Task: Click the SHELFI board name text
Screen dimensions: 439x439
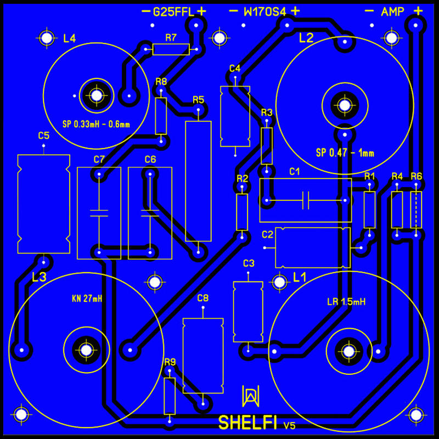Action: click(247, 423)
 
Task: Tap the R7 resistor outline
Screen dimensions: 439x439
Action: click(171, 49)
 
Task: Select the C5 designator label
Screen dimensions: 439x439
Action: click(44, 136)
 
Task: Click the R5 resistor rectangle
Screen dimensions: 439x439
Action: click(198, 181)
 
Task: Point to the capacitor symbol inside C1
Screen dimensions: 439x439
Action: click(306, 200)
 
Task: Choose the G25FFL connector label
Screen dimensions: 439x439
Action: click(173, 12)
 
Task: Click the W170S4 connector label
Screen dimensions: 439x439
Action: click(265, 12)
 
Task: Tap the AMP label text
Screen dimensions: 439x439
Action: click(392, 12)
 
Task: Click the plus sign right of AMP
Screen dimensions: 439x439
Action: click(418, 11)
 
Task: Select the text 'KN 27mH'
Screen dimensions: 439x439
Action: click(87, 299)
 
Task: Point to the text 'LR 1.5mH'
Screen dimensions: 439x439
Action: click(346, 302)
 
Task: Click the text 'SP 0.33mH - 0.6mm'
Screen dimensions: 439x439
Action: click(96, 124)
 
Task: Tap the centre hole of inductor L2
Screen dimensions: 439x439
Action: click(345, 105)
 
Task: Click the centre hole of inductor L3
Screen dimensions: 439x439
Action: click(86, 350)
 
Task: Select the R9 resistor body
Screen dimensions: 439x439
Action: click(170, 396)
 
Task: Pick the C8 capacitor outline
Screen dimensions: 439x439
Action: click(203, 356)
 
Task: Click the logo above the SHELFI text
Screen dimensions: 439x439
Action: click(250, 396)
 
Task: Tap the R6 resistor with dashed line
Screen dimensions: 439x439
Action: click(416, 210)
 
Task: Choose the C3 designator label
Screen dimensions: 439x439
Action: click(249, 263)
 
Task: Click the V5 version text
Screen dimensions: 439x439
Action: click(289, 426)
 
